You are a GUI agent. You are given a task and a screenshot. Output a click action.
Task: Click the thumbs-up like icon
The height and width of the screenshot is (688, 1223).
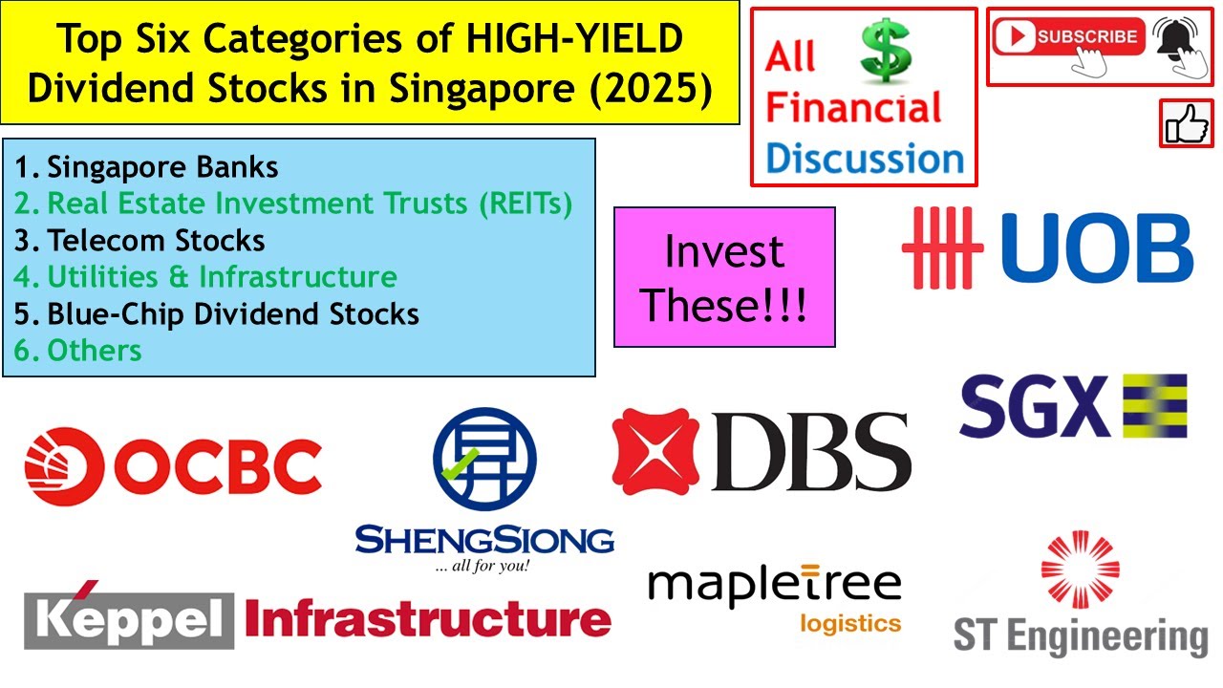point(1186,123)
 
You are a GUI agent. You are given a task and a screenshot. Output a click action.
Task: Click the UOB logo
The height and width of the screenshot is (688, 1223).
point(1047,247)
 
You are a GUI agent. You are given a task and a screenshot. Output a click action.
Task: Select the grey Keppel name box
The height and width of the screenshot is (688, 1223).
point(128,619)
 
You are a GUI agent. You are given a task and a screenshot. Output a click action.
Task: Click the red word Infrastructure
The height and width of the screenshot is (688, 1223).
point(428,619)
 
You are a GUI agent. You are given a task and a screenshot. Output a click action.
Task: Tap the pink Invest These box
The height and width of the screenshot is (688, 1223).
point(724,277)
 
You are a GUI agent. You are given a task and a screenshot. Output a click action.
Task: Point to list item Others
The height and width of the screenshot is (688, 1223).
point(94,350)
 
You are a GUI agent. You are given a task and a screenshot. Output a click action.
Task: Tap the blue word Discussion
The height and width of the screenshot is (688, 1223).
point(865,158)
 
